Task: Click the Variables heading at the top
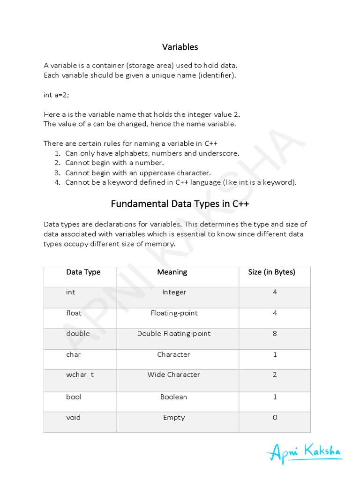click(180, 47)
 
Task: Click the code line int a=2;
click(56, 95)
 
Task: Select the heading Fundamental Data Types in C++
click(180, 204)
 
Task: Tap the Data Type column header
click(83, 272)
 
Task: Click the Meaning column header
click(172, 272)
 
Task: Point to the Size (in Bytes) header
click(271, 272)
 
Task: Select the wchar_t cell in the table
click(80, 375)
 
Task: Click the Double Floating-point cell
click(173, 334)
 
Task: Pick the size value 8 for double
click(275, 334)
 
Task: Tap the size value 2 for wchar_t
click(275, 375)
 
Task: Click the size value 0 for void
click(275, 417)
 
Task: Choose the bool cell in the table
click(74, 397)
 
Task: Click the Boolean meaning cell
click(173, 397)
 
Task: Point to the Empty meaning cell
click(173, 417)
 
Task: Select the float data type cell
click(74, 313)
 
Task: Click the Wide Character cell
click(173, 375)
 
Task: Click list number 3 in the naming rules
click(57, 173)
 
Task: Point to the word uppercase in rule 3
click(157, 173)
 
